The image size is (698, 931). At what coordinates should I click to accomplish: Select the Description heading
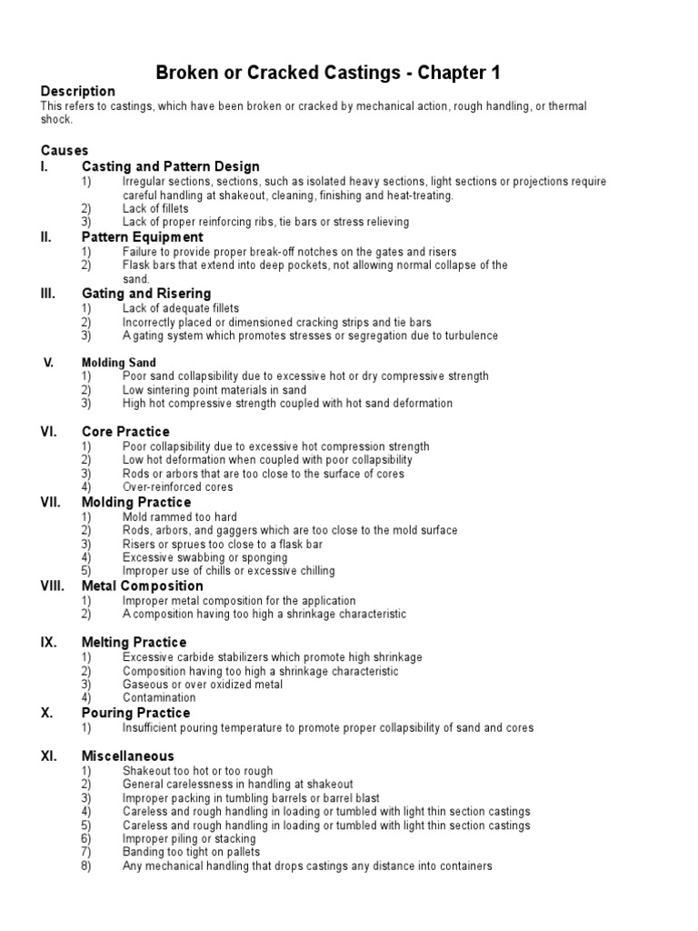pos(78,92)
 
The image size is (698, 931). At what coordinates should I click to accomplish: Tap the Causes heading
pos(64,150)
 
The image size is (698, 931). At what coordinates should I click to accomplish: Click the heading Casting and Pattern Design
pos(171,166)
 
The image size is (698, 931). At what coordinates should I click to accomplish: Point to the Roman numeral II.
pos(47,237)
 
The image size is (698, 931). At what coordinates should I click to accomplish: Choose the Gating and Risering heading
pos(146,294)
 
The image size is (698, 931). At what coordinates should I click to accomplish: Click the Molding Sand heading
pos(119,363)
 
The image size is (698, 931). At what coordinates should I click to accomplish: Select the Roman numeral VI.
pos(49,432)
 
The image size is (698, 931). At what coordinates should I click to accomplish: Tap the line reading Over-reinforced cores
pos(178,487)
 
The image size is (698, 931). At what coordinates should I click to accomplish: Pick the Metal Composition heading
pos(143,586)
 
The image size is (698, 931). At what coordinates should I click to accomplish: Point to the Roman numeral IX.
pos(49,643)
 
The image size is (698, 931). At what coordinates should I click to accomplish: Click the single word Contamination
pos(159,698)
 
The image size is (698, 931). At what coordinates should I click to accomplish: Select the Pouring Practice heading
pos(136,713)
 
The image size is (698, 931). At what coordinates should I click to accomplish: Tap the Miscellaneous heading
pos(128,756)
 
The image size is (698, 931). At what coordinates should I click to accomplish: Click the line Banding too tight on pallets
pos(192,853)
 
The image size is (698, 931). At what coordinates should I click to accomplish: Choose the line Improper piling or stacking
pos(189,839)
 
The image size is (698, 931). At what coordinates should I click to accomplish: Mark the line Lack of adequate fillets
pos(180,309)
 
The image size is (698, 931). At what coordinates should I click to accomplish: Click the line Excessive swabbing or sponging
pos(205,557)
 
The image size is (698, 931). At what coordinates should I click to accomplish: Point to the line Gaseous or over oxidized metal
pos(203,685)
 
